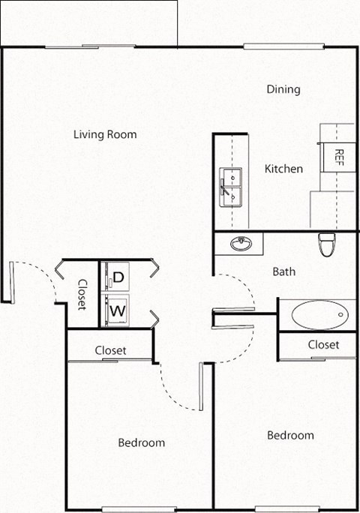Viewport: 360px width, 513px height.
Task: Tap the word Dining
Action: [x=283, y=90]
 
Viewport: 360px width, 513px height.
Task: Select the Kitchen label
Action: [x=284, y=169]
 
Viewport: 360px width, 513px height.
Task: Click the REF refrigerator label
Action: [x=338, y=157]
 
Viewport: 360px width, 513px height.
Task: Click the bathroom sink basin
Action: [x=241, y=244]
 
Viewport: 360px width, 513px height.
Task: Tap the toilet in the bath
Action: [x=327, y=244]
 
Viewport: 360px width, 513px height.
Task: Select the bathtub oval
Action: [x=320, y=314]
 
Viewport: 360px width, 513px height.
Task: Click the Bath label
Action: [x=284, y=271]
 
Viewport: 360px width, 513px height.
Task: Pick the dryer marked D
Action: [x=116, y=277]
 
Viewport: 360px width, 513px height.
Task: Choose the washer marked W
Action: [x=116, y=309]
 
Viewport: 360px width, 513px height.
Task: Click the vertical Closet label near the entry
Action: [x=82, y=295]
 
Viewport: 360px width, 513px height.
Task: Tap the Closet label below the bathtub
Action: [x=323, y=345]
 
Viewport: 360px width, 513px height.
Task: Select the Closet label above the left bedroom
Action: [x=110, y=350]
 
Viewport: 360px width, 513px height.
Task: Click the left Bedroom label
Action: [x=141, y=442]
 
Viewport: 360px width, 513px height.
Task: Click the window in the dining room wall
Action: [x=269, y=46]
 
